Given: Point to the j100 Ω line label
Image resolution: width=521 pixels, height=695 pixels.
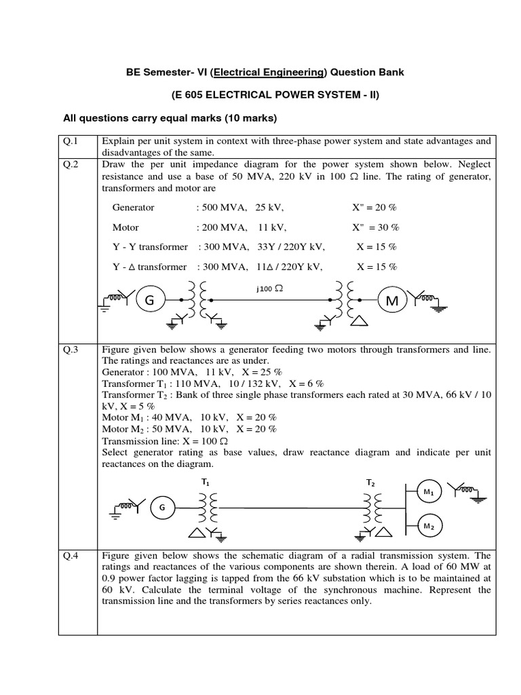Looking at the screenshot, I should click(x=269, y=288).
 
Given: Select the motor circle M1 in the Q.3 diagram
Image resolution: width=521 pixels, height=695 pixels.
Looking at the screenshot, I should click(x=428, y=491).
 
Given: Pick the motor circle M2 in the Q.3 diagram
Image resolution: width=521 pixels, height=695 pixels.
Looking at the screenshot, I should click(x=428, y=526).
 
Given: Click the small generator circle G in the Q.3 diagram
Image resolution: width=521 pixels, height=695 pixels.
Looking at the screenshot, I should click(x=161, y=508).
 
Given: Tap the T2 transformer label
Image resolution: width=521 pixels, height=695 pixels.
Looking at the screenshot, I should click(x=371, y=483).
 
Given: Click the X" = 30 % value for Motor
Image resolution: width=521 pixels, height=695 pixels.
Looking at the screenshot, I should click(x=376, y=227).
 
